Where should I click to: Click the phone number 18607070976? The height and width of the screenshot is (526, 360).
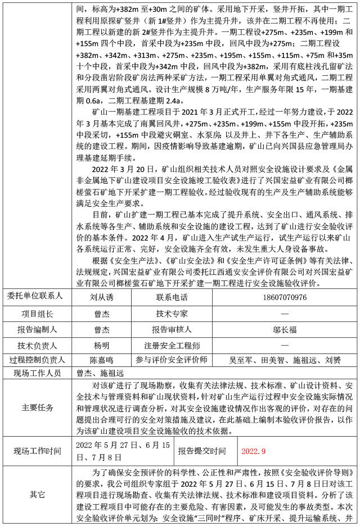pos(284,297)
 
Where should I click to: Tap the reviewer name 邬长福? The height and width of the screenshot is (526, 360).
pos(284,329)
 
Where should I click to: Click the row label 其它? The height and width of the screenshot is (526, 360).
pos(38,495)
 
